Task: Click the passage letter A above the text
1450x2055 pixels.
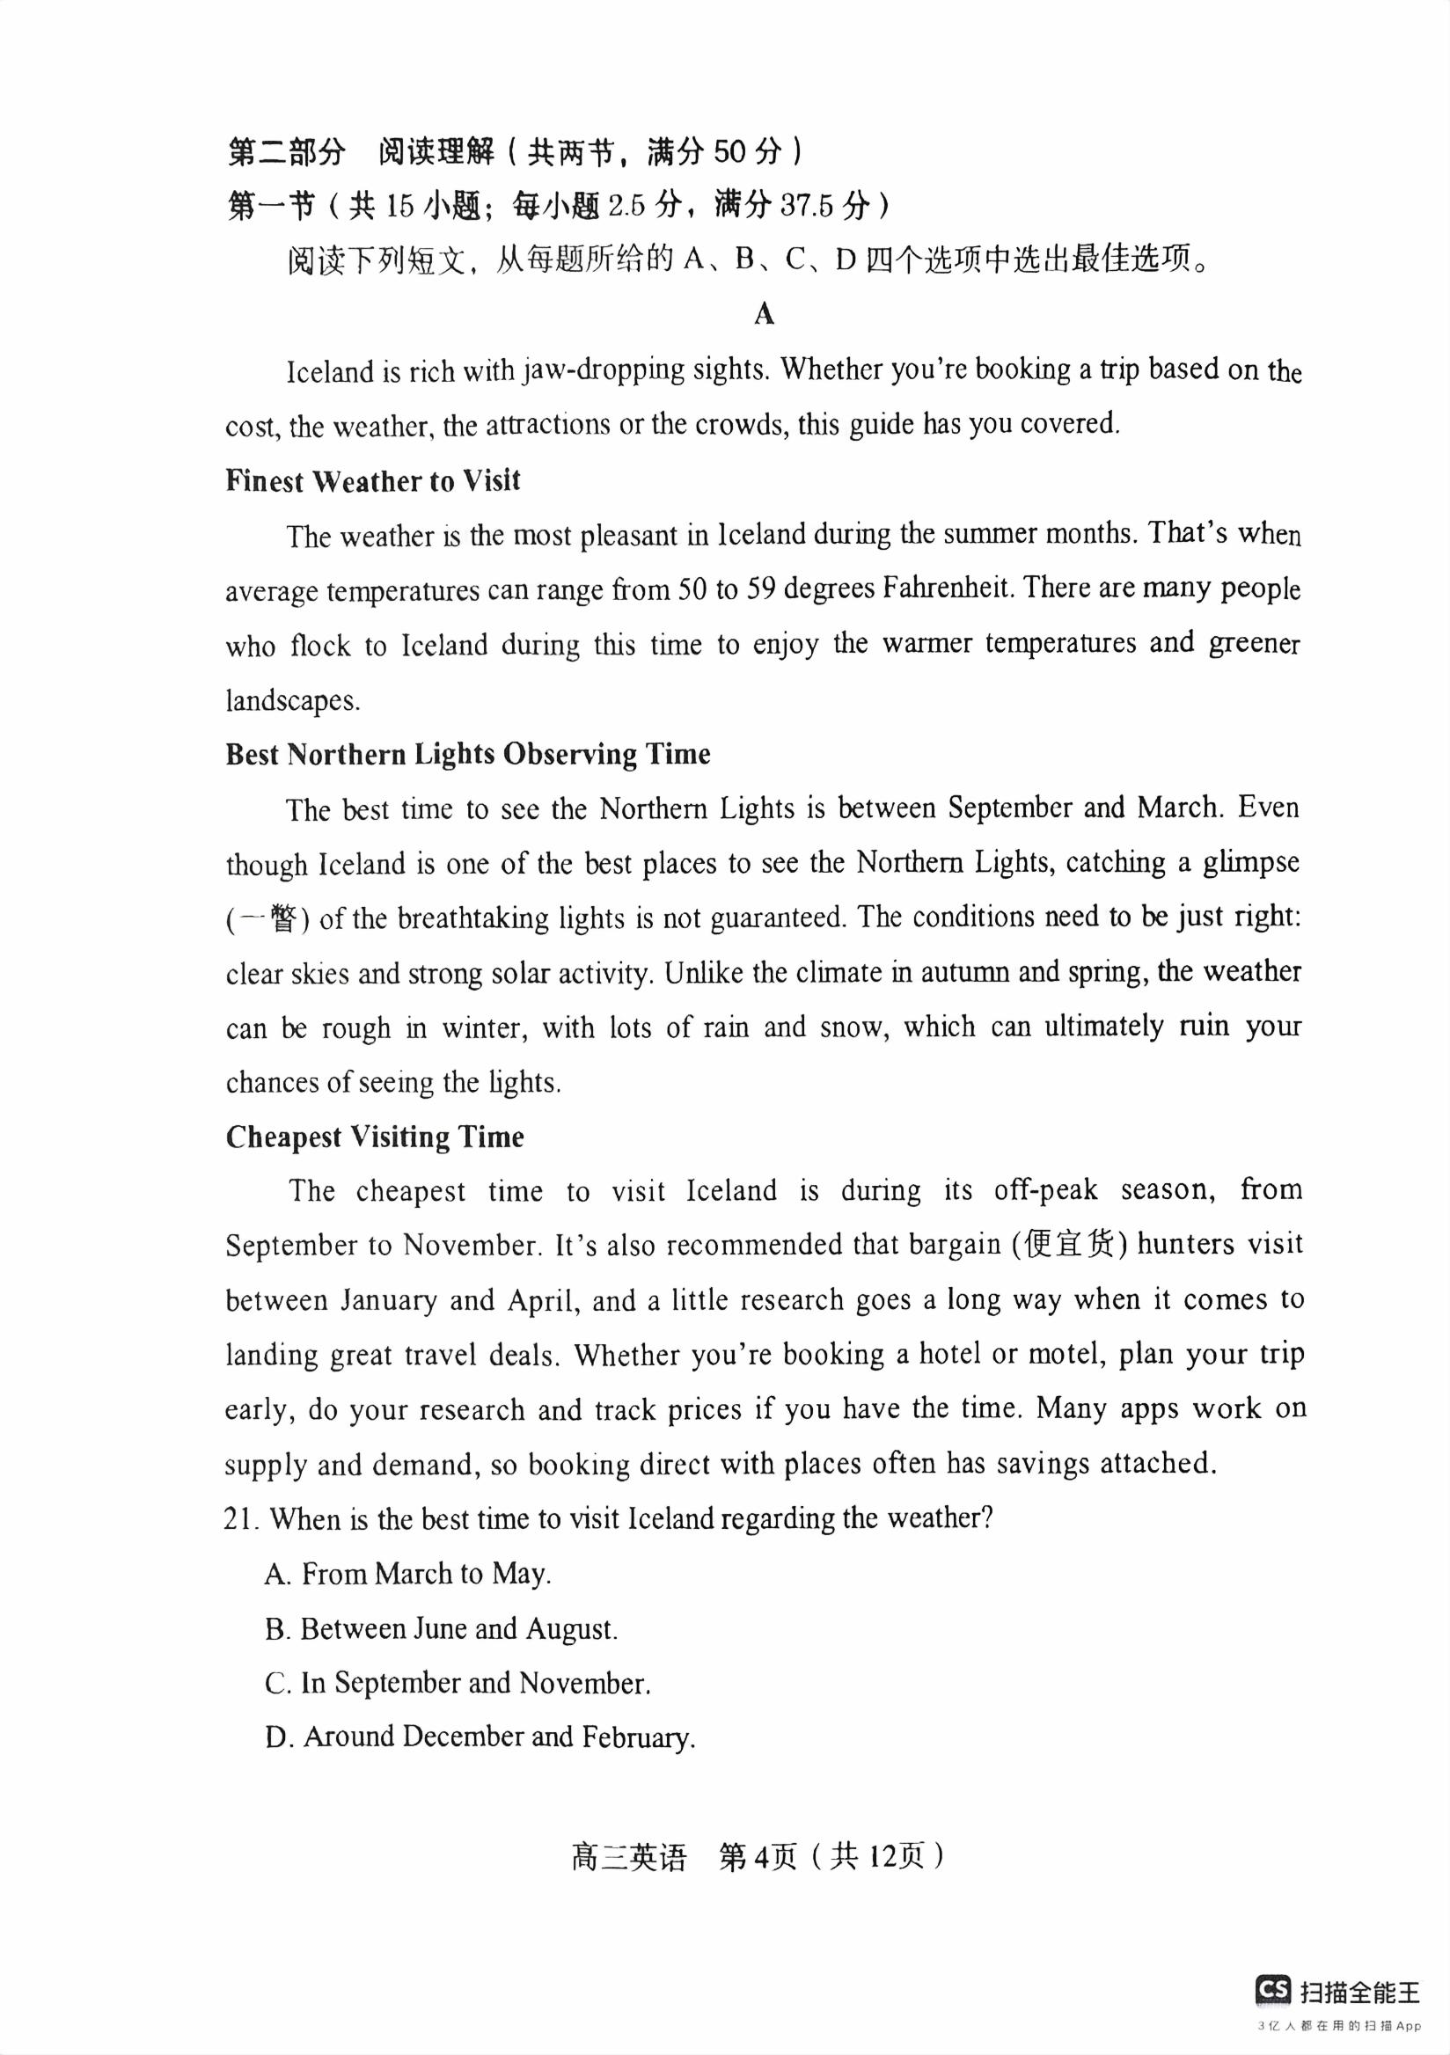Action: coord(764,314)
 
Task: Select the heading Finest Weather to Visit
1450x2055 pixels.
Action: coord(372,480)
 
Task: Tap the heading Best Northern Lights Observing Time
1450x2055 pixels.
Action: coord(467,754)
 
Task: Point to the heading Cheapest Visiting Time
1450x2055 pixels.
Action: coord(374,1137)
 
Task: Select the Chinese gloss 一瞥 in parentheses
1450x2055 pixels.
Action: coord(268,919)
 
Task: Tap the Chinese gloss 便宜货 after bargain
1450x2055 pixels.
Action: coord(1069,1245)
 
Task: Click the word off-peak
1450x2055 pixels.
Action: coord(1045,1189)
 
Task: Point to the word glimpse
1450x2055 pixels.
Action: coord(1250,863)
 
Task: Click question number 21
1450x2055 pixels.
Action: coord(242,1518)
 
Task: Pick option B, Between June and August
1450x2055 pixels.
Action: coord(441,1628)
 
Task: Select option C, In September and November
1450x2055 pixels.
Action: coord(458,1683)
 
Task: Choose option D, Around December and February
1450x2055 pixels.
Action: coord(480,1737)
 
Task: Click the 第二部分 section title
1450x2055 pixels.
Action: coord(286,152)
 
